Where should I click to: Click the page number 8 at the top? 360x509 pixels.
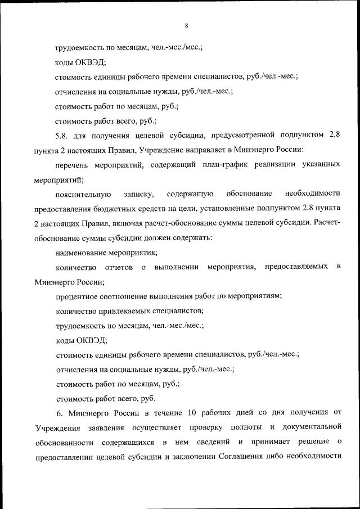(x=185, y=25)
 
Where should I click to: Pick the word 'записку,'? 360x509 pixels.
(x=139, y=195)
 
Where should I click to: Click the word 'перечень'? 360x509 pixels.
(x=73, y=165)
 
